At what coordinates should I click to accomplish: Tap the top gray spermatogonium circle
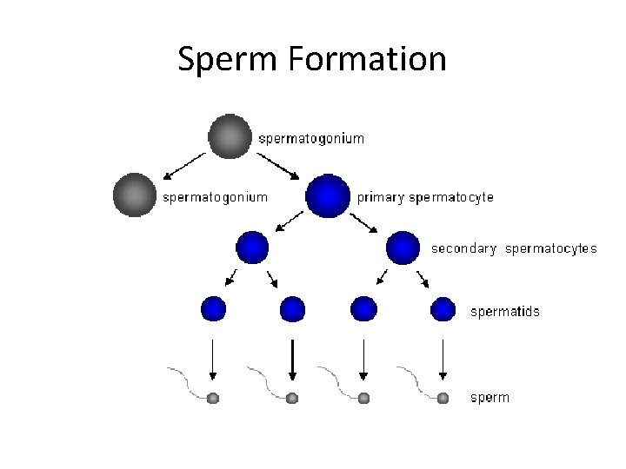pyautogui.click(x=230, y=135)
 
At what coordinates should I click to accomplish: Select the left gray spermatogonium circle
pyautogui.click(x=135, y=195)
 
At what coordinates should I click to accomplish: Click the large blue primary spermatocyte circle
pyautogui.click(x=328, y=196)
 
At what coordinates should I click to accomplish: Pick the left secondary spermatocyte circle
pyautogui.click(x=252, y=248)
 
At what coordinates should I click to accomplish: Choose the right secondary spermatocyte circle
pyautogui.click(x=403, y=248)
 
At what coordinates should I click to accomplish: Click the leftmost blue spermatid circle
pyautogui.click(x=214, y=308)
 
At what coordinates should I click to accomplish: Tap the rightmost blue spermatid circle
pyautogui.click(x=443, y=308)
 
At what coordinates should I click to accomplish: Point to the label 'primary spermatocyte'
pyautogui.click(x=425, y=197)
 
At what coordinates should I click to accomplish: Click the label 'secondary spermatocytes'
pyautogui.click(x=514, y=248)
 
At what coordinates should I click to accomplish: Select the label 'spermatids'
pyautogui.click(x=504, y=311)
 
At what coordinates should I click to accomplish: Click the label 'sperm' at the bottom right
pyautogui.click(x=489, y=398)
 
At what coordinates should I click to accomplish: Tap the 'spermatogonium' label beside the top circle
pyautogui.click(x=312, y=138)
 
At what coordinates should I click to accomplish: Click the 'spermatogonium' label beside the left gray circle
pyautogui.click(x=216, y=197)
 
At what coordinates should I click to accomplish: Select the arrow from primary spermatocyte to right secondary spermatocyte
pyautogui.click(x=365, y=224)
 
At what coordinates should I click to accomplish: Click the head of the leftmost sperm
pyautogui.click(x=213, y=398)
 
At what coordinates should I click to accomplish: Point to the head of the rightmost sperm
pyautogui.click(x=443, y=398)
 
